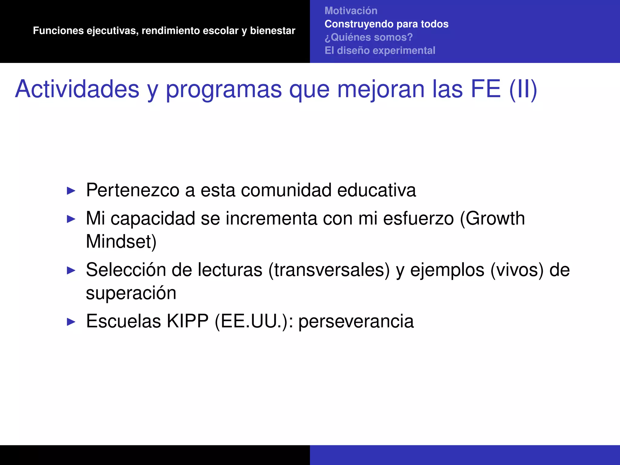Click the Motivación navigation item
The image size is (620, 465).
click(x=351, y=11)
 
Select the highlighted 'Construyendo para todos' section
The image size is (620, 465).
click(x=386, y=24)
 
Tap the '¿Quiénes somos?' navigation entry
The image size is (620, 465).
click(x=368, y=37)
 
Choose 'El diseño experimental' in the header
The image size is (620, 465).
click(x=380, y=50)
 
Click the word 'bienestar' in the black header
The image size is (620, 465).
click(x=272, y=31)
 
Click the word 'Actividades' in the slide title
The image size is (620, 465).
click(x=77, y=89)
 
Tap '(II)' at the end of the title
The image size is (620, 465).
click(x=523, y=89)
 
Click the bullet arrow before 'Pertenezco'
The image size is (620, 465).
click(x=71, y=191)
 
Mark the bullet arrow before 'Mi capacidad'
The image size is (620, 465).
click(x=71, y=219)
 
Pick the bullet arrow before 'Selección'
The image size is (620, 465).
click(x=71, y=270)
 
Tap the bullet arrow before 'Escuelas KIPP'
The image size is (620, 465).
click(x=71, y=322)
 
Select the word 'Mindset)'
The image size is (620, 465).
click(x=121, y=241)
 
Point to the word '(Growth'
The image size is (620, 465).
click(x=492, y=218)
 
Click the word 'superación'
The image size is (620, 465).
click(x=131, y=293)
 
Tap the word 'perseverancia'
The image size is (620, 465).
click(x=356, y=322)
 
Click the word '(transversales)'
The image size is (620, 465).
click(x=329, y=270)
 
